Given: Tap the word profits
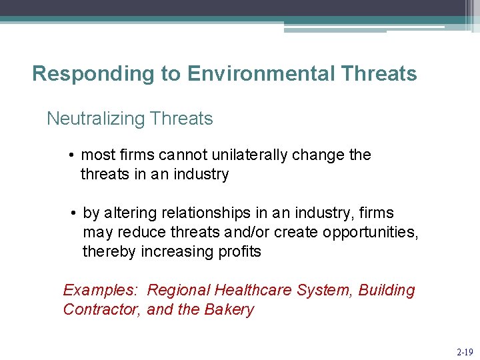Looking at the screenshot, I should click(237, 252).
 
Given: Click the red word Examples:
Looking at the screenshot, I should click(100, 291).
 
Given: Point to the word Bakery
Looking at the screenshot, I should click(230, 310).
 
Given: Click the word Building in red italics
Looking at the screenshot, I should click(387, 291).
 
